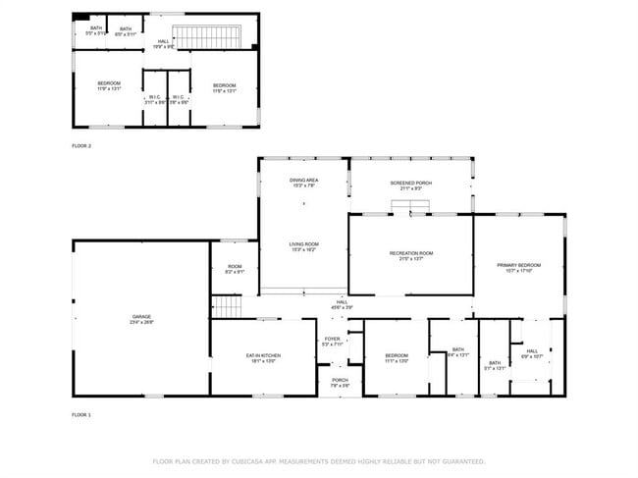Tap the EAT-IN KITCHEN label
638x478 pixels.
click(x=263, y=355)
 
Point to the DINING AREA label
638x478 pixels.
click(x=303, y=181)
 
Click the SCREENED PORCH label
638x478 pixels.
click(x=410, y=183)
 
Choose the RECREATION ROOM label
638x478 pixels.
click(x=410, y=253)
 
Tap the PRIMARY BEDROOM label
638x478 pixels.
click(x=518, y=265)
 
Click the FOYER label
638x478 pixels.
click(x=333, y=341)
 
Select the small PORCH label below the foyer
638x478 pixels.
click(x=340, y=381)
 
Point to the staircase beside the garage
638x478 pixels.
click(x=227, y=307)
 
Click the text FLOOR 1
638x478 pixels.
click(x=81, y=415)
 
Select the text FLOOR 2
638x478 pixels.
click(x=81, y=145)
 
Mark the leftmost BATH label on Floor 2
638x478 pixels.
click(x=96, y=28)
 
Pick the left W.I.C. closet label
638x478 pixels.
click(x=154, y=97)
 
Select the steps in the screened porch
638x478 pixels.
click(x=410, y=204)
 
